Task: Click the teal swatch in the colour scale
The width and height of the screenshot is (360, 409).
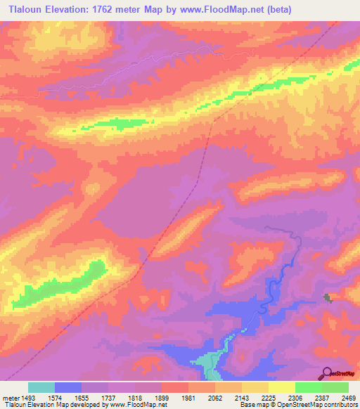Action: click(x=41, y=387)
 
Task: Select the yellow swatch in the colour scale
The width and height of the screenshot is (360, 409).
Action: click(x=282, y=387)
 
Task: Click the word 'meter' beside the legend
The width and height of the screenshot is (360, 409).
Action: click(x=9, y=398)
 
